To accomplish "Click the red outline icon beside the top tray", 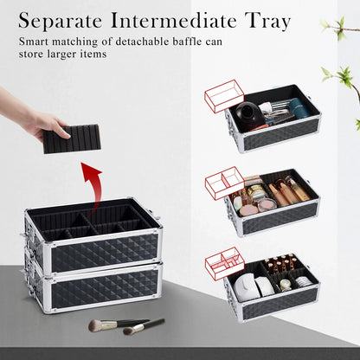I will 223,94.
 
